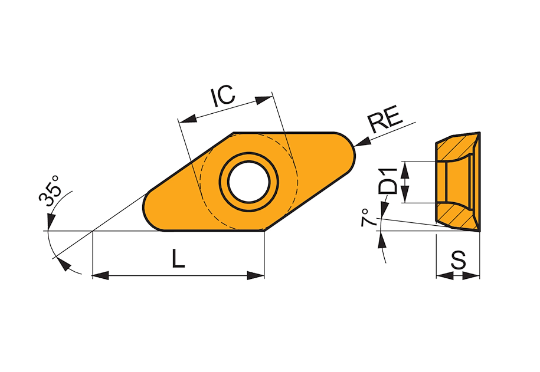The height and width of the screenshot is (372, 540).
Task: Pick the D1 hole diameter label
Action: pyautogui.click(x=388, y=180)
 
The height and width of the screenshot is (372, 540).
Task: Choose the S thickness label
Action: pyautogui.click(x=459, y=260)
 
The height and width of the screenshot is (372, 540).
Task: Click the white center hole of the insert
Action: pyautogui.click(x=249, y=182)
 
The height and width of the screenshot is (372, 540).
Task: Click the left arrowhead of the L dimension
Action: pyautogui.click(x=100, y=275)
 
